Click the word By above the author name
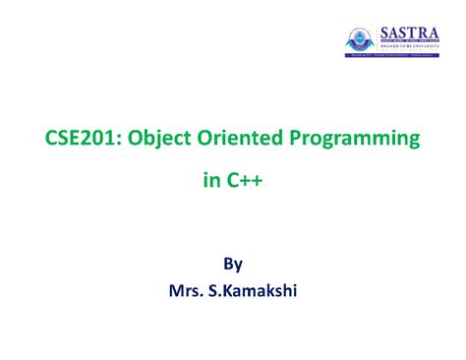pos(233,263)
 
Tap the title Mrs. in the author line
pos(191,291)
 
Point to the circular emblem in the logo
pos(361,39)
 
